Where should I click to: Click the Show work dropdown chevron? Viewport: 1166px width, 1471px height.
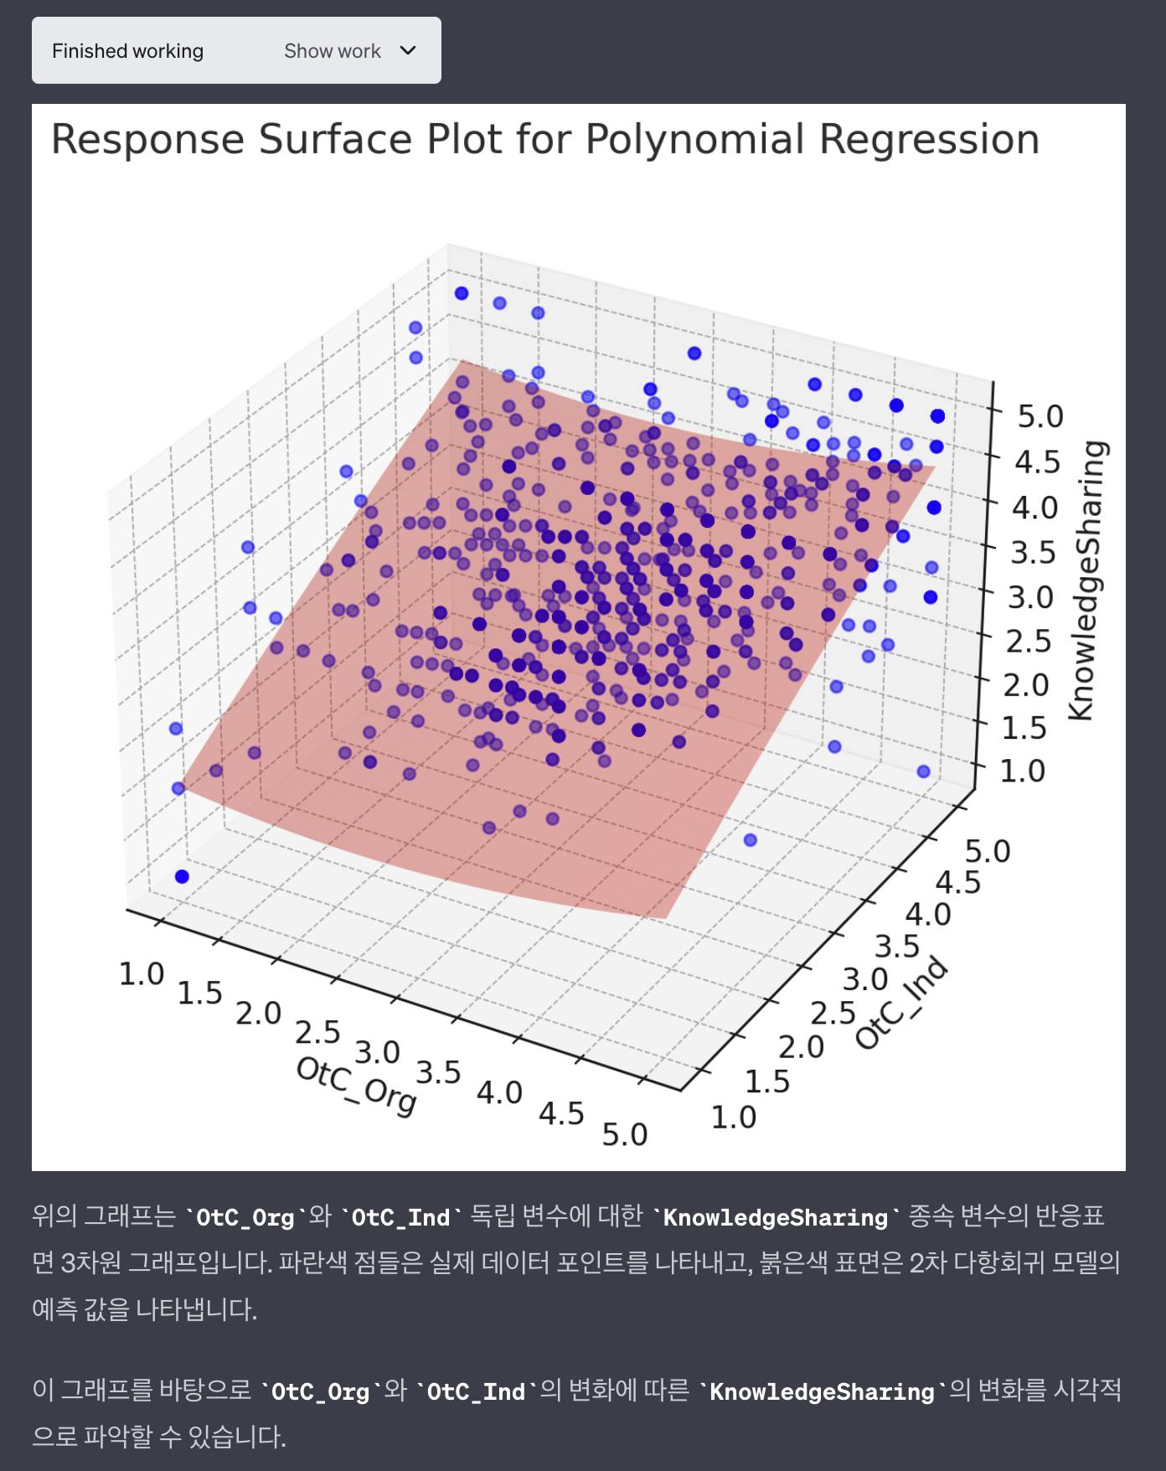point(408,50)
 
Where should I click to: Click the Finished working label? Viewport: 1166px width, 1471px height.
point(127,51)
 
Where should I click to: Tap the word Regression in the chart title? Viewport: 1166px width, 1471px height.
point(929,139)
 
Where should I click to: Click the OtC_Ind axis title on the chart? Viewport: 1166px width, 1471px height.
point(901,1003)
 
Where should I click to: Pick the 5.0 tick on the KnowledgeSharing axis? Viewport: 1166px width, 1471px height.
point(1040,416)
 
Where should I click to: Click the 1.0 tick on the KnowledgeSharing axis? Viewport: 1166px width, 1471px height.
point(1023,771)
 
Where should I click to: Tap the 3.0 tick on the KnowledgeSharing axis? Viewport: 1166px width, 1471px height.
point(1030,597)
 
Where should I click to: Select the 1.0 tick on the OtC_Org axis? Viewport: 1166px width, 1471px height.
point(142,974)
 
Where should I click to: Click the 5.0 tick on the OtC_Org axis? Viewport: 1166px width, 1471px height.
point(625,1134)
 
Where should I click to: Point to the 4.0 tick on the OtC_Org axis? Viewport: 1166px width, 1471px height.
point(499,1092)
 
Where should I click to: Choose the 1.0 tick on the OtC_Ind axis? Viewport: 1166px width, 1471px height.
point(734,1117)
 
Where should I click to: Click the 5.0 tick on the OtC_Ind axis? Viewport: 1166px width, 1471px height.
point(988,851)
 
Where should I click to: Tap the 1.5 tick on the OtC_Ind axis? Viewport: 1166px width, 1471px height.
point(767,1081)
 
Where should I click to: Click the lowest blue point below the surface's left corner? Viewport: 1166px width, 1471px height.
point(182,876)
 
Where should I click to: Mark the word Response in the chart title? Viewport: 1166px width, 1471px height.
point(147,139)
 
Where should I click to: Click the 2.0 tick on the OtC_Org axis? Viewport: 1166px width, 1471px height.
point(258,1013)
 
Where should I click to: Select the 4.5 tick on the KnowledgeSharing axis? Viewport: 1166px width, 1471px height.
point(1037,462)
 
